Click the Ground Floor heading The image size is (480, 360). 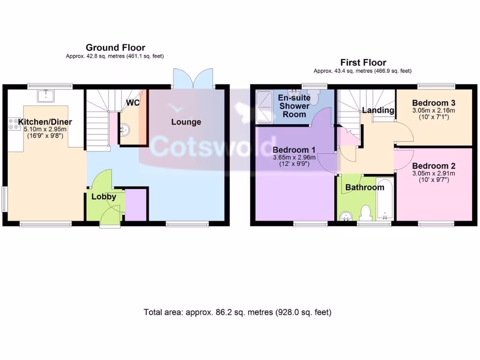(115, 47)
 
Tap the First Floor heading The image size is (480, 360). (363, 62)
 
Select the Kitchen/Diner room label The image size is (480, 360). (45, 122)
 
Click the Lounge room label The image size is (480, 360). (186, 122)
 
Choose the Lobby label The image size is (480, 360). (104, 197)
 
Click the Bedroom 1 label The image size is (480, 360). (294, 150)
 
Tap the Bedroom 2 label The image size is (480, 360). (434, 165)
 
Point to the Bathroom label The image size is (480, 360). (365, 187)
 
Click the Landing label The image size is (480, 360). (378, 111)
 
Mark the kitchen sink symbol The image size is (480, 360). (46, 97)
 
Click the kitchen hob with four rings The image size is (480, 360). (13, 123)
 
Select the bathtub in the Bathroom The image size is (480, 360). (384, 199)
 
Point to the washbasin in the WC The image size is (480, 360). (126, 128)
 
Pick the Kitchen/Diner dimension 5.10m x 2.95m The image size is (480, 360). (45, 129)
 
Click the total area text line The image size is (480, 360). (237, 312)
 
